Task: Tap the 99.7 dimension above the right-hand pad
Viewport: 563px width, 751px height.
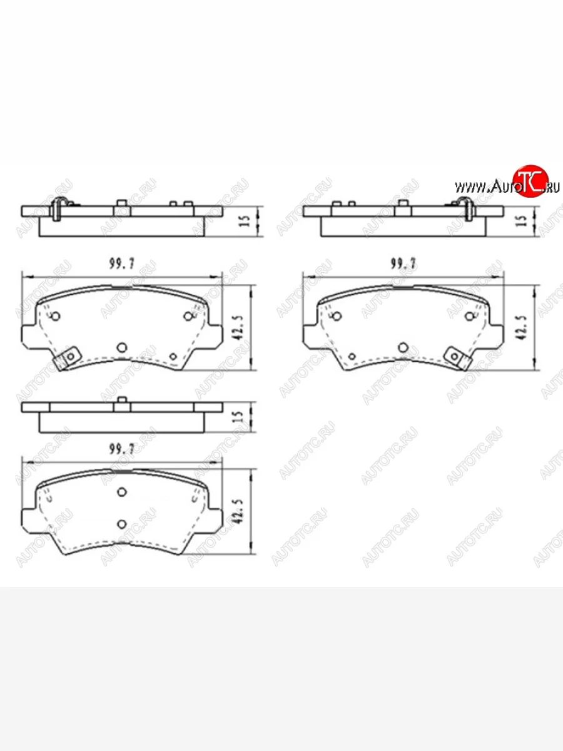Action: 403,263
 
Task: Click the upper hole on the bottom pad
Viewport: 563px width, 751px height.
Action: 123,492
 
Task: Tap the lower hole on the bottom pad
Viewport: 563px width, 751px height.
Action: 123,523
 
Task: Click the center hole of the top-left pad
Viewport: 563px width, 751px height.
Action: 123,346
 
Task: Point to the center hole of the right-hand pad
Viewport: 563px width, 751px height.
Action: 403,346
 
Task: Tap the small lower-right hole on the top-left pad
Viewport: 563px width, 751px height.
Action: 173,356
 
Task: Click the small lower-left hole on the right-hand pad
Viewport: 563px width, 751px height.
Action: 352,356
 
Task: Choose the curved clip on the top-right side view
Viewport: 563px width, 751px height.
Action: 464,207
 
